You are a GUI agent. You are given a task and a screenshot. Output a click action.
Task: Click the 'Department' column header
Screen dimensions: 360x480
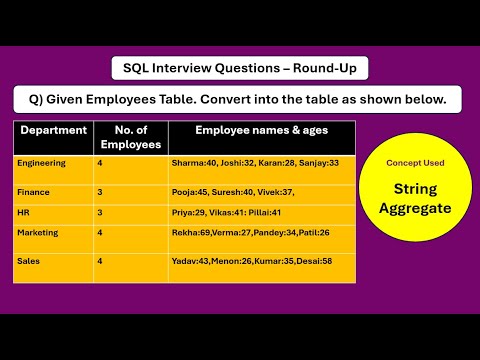point(53,131)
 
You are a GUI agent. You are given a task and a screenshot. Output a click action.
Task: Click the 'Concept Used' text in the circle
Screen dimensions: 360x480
point(414,162)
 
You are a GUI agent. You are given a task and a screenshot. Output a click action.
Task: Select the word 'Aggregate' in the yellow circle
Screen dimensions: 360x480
point(415,208)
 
